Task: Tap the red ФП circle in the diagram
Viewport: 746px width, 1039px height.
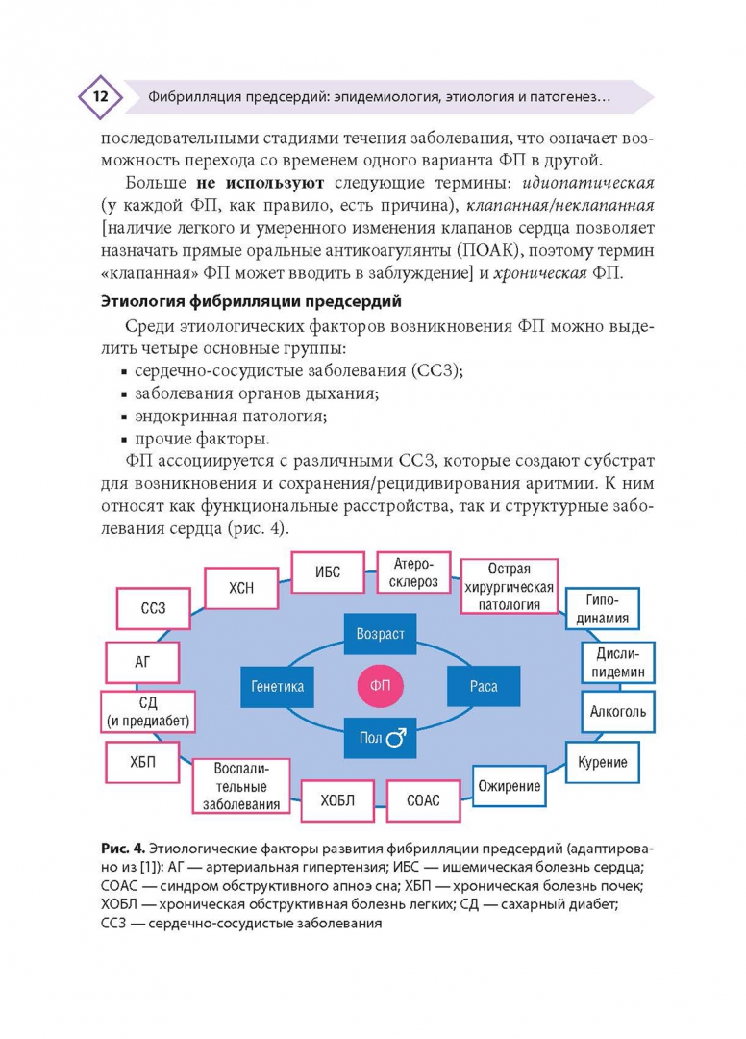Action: click(x=380, y=686)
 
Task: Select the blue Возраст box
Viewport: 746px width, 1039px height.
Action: click(x=380, y=634)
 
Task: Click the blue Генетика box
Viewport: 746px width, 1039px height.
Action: click(x=278, y=686)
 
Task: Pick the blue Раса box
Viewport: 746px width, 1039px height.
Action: click(x=483, y=686)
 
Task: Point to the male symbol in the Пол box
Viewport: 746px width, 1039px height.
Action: click(x=395, y=739)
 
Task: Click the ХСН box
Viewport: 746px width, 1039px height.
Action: click(x=241, y=589)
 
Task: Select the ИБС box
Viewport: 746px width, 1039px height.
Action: click(x=328, y=571)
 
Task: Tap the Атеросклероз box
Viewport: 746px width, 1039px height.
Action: click(x=413, y=574)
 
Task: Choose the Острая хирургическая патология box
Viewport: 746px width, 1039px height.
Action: click(x=509, y=586)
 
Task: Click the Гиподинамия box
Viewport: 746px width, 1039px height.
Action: click(x=602, y=610)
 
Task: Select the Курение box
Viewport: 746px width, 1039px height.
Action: click(x=603, y=762)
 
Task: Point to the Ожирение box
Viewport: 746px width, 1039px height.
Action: click(x=510, y=786)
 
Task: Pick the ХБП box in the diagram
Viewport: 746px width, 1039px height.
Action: click(x=141, y=762)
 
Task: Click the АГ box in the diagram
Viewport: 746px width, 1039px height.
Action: click(x=141, y=662)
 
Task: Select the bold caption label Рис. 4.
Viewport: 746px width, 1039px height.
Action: click(x=122, y=848)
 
